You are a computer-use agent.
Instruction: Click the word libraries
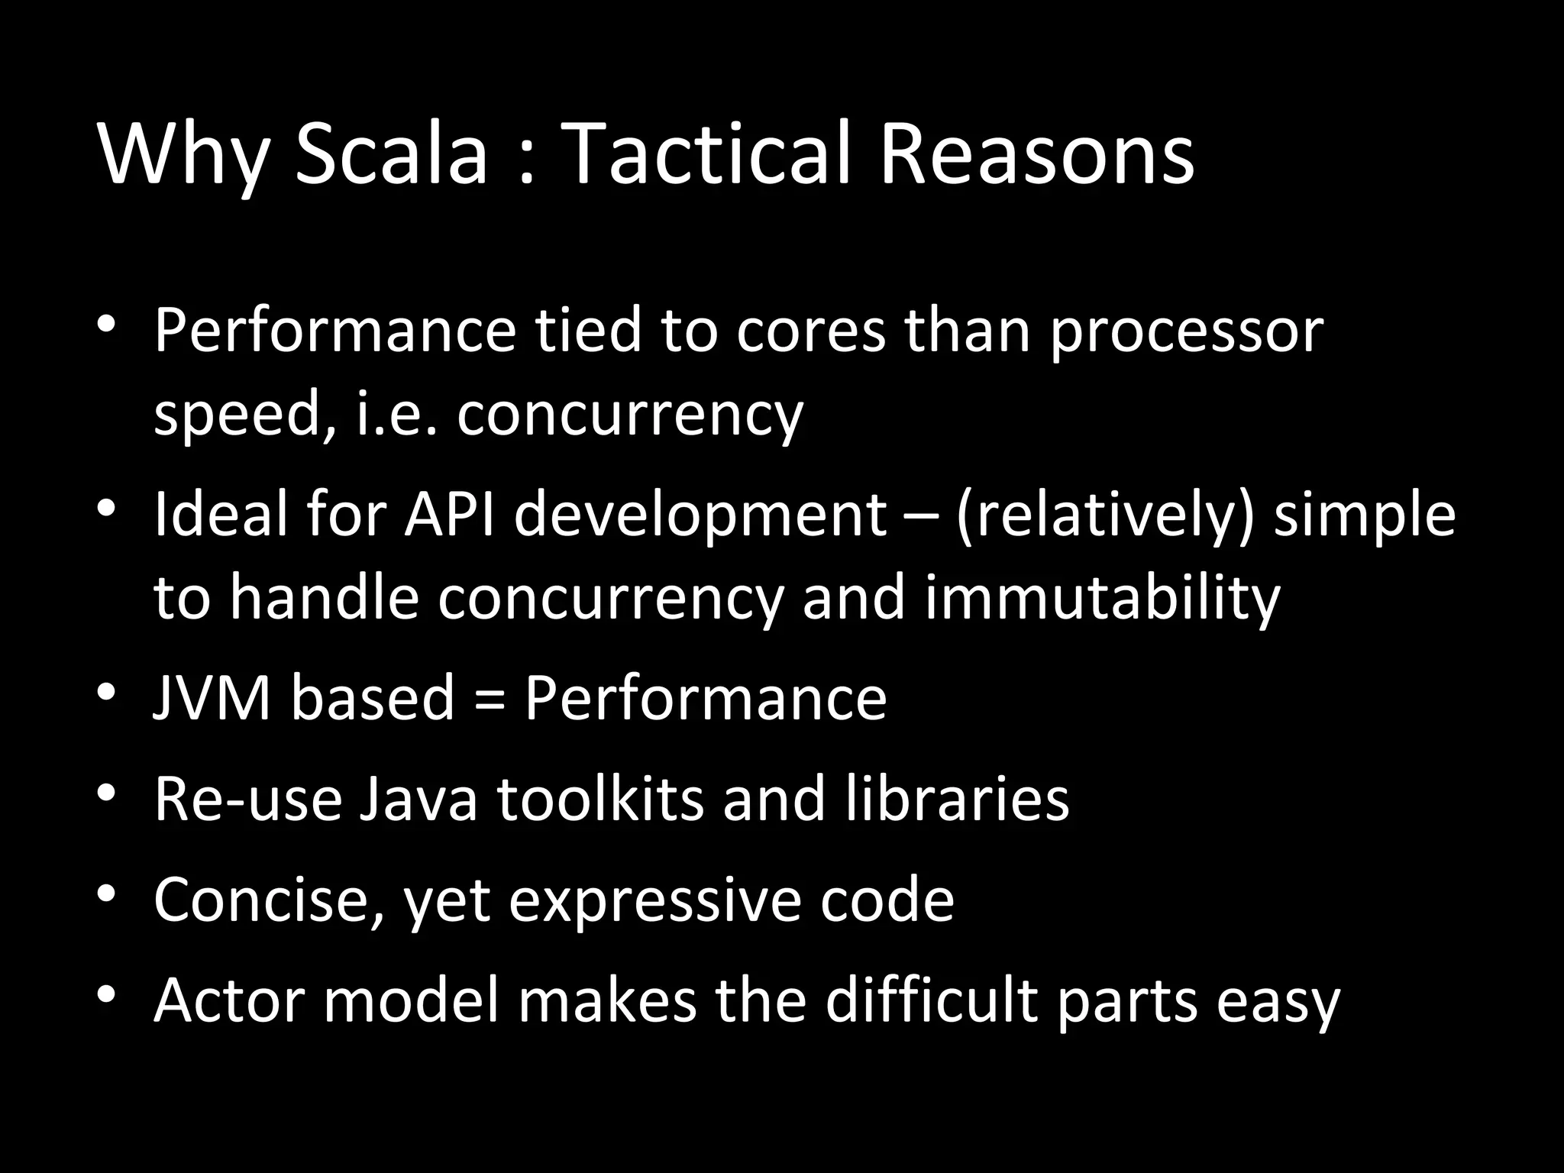point(958,799)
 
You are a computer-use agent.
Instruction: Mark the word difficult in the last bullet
point(930,1000)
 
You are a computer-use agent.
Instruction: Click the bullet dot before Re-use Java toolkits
point(106,794)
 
